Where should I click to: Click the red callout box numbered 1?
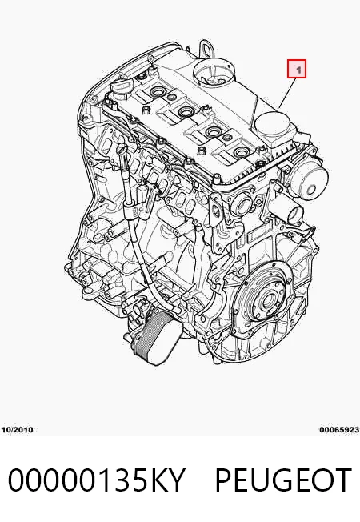coord(297,69)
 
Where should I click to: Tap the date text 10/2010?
coord(18,430)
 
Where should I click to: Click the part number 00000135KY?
coord(96,480)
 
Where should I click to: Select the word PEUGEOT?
coord(283,480)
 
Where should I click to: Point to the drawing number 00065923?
coord(340,430)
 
